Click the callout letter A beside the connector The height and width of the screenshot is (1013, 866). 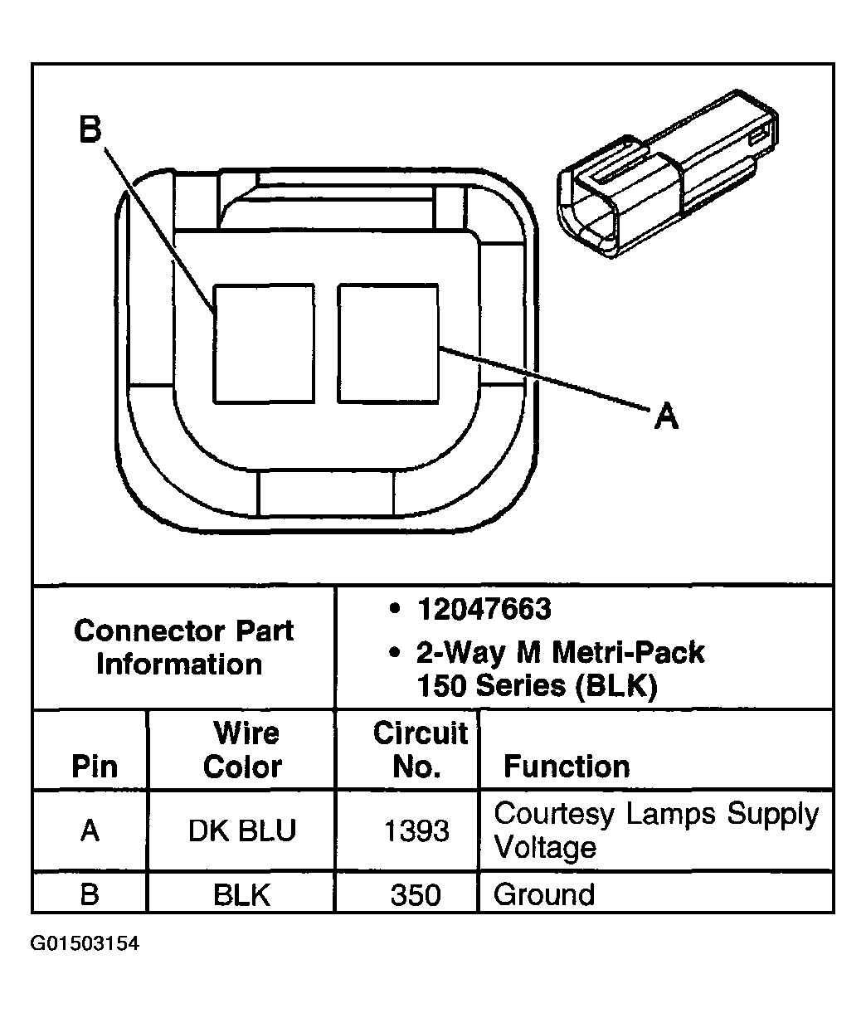tap(665, 416)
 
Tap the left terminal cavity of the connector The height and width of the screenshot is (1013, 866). tap(264, 343)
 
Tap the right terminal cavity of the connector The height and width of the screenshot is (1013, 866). tap(387, 343)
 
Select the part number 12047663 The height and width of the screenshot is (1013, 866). tap(484, 610)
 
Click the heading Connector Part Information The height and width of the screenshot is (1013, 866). tap(183, 647)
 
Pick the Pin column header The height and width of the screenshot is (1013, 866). tap(95, 766)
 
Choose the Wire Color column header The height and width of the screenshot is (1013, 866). tap(242, 749)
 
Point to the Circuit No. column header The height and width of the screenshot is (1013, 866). tap(419, 749)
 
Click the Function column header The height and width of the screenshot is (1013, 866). tap(567, 766)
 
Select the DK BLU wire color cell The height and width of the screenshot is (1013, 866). tap(241, 830)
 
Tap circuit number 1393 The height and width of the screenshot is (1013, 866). tap(416, 830)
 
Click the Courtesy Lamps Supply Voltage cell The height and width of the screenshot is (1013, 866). tap(655, 830)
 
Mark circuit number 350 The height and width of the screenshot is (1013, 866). tap(416, 895)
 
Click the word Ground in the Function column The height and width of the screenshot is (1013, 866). tap(544, 895)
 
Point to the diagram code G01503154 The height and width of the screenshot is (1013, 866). tap(85, 944)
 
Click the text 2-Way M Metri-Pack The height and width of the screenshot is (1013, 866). tap(560, 653)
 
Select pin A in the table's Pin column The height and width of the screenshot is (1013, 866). tap(90, 830)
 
